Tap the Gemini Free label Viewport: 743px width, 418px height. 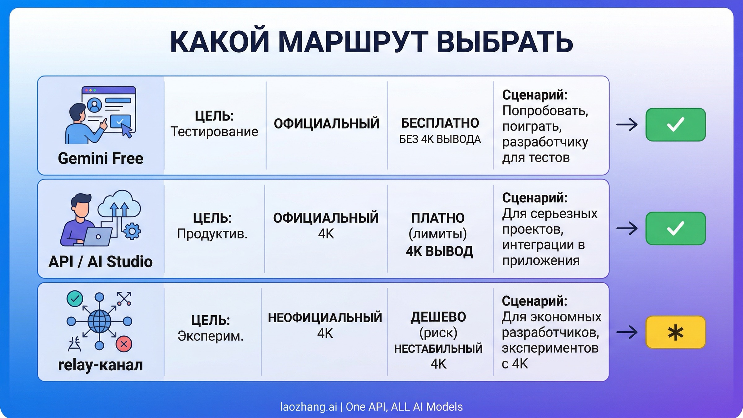(101, 159)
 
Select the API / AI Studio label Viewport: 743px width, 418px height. (101, 262)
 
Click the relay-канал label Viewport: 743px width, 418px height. (101, 365)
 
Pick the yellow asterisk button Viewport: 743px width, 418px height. (676, 333)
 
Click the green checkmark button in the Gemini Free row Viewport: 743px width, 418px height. (676, 124)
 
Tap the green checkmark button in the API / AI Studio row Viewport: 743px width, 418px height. (676, 229)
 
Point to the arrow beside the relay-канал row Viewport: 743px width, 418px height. (627, 333)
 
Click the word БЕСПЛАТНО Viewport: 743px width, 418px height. (440, 123)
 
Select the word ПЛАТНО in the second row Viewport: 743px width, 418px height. (438, 218)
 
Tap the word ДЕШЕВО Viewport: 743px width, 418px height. (438, 317)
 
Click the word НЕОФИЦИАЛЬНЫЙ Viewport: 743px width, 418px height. (325, 318)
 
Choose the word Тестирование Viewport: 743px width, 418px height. (214, 132)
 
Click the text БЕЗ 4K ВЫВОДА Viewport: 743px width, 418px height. (440, 139)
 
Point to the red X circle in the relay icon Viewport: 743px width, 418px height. (124, 344)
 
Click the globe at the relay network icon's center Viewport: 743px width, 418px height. (99, 321)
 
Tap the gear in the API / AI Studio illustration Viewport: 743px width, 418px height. (132, 231)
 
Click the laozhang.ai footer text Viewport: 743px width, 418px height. (308, 407)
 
